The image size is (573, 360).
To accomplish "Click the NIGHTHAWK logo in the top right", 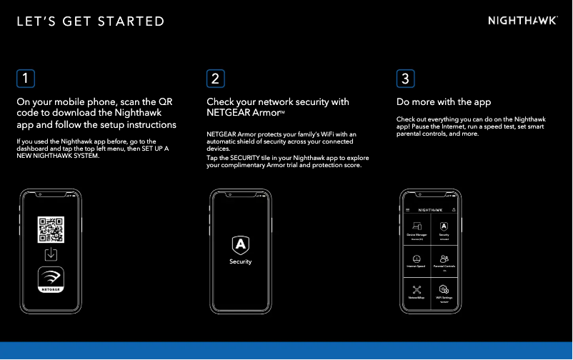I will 522,21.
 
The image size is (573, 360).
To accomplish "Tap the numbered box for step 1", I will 26,77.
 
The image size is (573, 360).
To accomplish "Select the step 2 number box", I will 216,77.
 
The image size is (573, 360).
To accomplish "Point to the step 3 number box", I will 405,77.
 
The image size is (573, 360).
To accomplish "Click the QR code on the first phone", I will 51,230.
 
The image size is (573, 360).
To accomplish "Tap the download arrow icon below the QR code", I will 51,255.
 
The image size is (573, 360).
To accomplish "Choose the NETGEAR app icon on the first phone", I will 51,279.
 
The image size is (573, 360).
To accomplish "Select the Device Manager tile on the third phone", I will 417,230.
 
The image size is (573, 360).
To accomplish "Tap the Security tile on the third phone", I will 444,230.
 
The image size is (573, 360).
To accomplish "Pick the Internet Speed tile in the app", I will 417,261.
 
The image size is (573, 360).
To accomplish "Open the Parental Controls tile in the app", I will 444,261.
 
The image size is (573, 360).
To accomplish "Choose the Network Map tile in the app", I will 417,292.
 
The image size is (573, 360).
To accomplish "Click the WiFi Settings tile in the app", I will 444,292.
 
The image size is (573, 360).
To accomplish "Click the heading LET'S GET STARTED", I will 90,21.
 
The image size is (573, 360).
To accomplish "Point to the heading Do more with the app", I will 444,102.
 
